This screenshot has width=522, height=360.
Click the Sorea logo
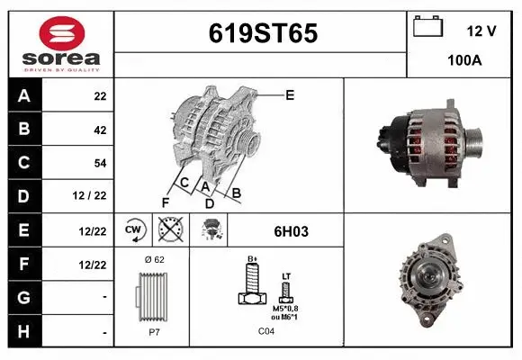(61, 44)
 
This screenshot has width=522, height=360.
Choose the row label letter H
(24, 331)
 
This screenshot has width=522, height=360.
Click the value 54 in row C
(99, 163)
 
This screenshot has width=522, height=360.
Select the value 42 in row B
(99, 130)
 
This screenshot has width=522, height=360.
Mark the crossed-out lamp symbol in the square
(169, 230)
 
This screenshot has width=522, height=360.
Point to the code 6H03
(291, 231)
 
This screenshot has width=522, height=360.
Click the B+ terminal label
(253, 259)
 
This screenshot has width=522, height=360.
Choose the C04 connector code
(266, 330)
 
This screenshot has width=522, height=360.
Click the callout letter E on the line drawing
(290, 94)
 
